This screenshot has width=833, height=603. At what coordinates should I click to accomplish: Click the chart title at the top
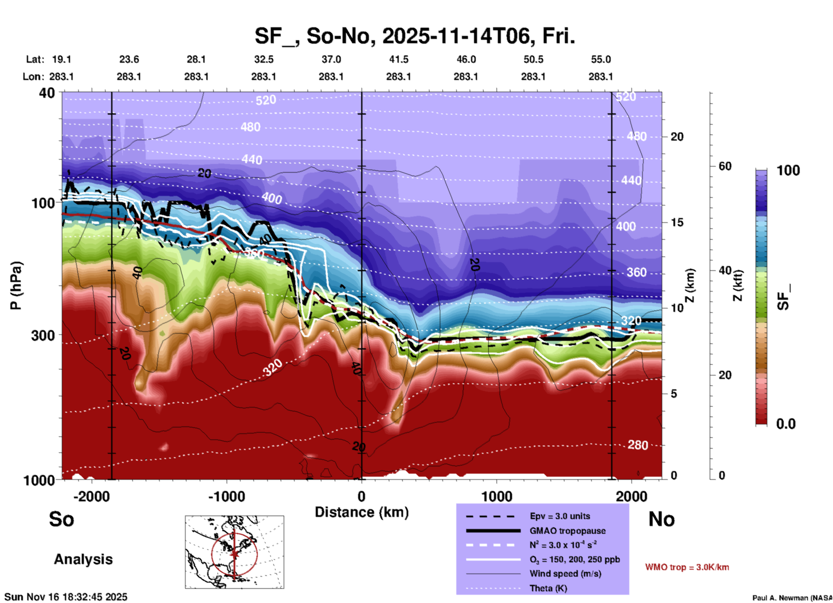[414, 36]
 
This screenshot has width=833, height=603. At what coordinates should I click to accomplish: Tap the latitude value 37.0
[331, 59]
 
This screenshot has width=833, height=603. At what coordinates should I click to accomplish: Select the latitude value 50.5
[533, 59]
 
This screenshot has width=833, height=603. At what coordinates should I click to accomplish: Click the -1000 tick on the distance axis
[227, 496]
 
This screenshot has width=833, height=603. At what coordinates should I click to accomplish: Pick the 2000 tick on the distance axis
[631, 496]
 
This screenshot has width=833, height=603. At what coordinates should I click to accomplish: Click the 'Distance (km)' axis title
[362, 512]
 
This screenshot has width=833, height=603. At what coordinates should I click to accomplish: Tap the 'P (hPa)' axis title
[16, 285]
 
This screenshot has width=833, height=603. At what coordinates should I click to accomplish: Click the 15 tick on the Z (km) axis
[677, 222]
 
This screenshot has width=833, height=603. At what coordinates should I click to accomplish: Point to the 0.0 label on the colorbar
[786, 424]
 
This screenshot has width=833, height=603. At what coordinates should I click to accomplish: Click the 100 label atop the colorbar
[788, 170]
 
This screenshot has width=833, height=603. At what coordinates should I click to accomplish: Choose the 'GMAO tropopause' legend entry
[567, 531]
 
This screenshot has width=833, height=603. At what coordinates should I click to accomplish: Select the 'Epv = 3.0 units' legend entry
[560, 516]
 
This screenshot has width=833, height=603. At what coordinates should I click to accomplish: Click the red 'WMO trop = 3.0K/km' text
[687, 567]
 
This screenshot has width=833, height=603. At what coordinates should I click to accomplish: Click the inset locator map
[234, 552]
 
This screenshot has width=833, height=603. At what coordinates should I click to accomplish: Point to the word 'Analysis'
[83, 559]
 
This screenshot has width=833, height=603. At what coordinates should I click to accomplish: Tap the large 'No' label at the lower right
[661, 519]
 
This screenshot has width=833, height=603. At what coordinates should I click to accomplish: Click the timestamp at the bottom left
[66, 597]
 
